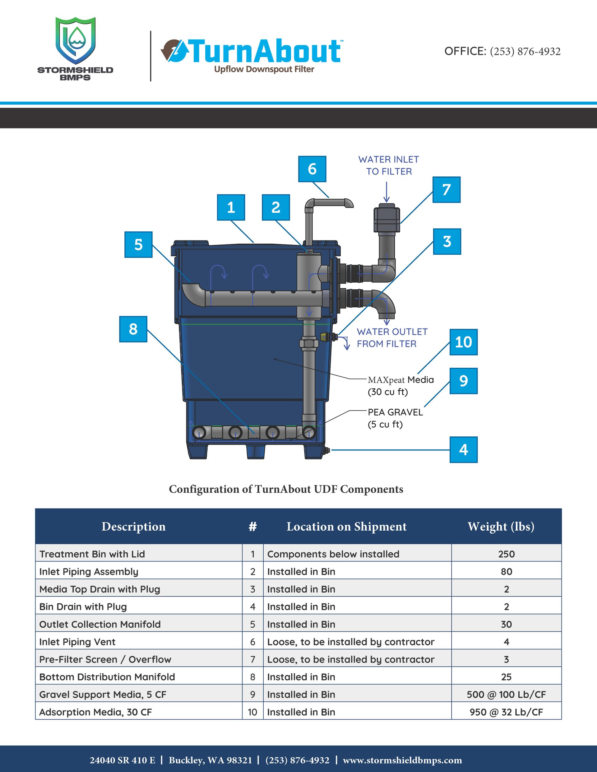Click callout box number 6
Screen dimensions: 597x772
click(312, 169)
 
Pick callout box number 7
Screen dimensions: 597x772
click(447, 189)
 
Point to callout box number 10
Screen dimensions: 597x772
click(463, 342)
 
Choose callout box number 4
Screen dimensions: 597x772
click(463, 450)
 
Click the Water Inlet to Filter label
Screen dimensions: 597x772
click(388, 165)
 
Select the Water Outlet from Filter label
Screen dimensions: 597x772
click(392, 337)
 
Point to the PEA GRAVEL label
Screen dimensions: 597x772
click(395, 412)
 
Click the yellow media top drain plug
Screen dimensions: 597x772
click(324, 337)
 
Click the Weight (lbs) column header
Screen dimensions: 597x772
click(501, 526)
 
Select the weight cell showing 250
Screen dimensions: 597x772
click(506, 554)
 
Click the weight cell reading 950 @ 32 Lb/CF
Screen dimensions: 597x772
click(506, 712)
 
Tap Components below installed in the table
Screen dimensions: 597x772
click(333, 554)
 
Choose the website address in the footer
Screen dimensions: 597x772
click(402, 760)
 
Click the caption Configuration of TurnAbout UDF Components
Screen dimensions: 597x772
click(286, 489)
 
